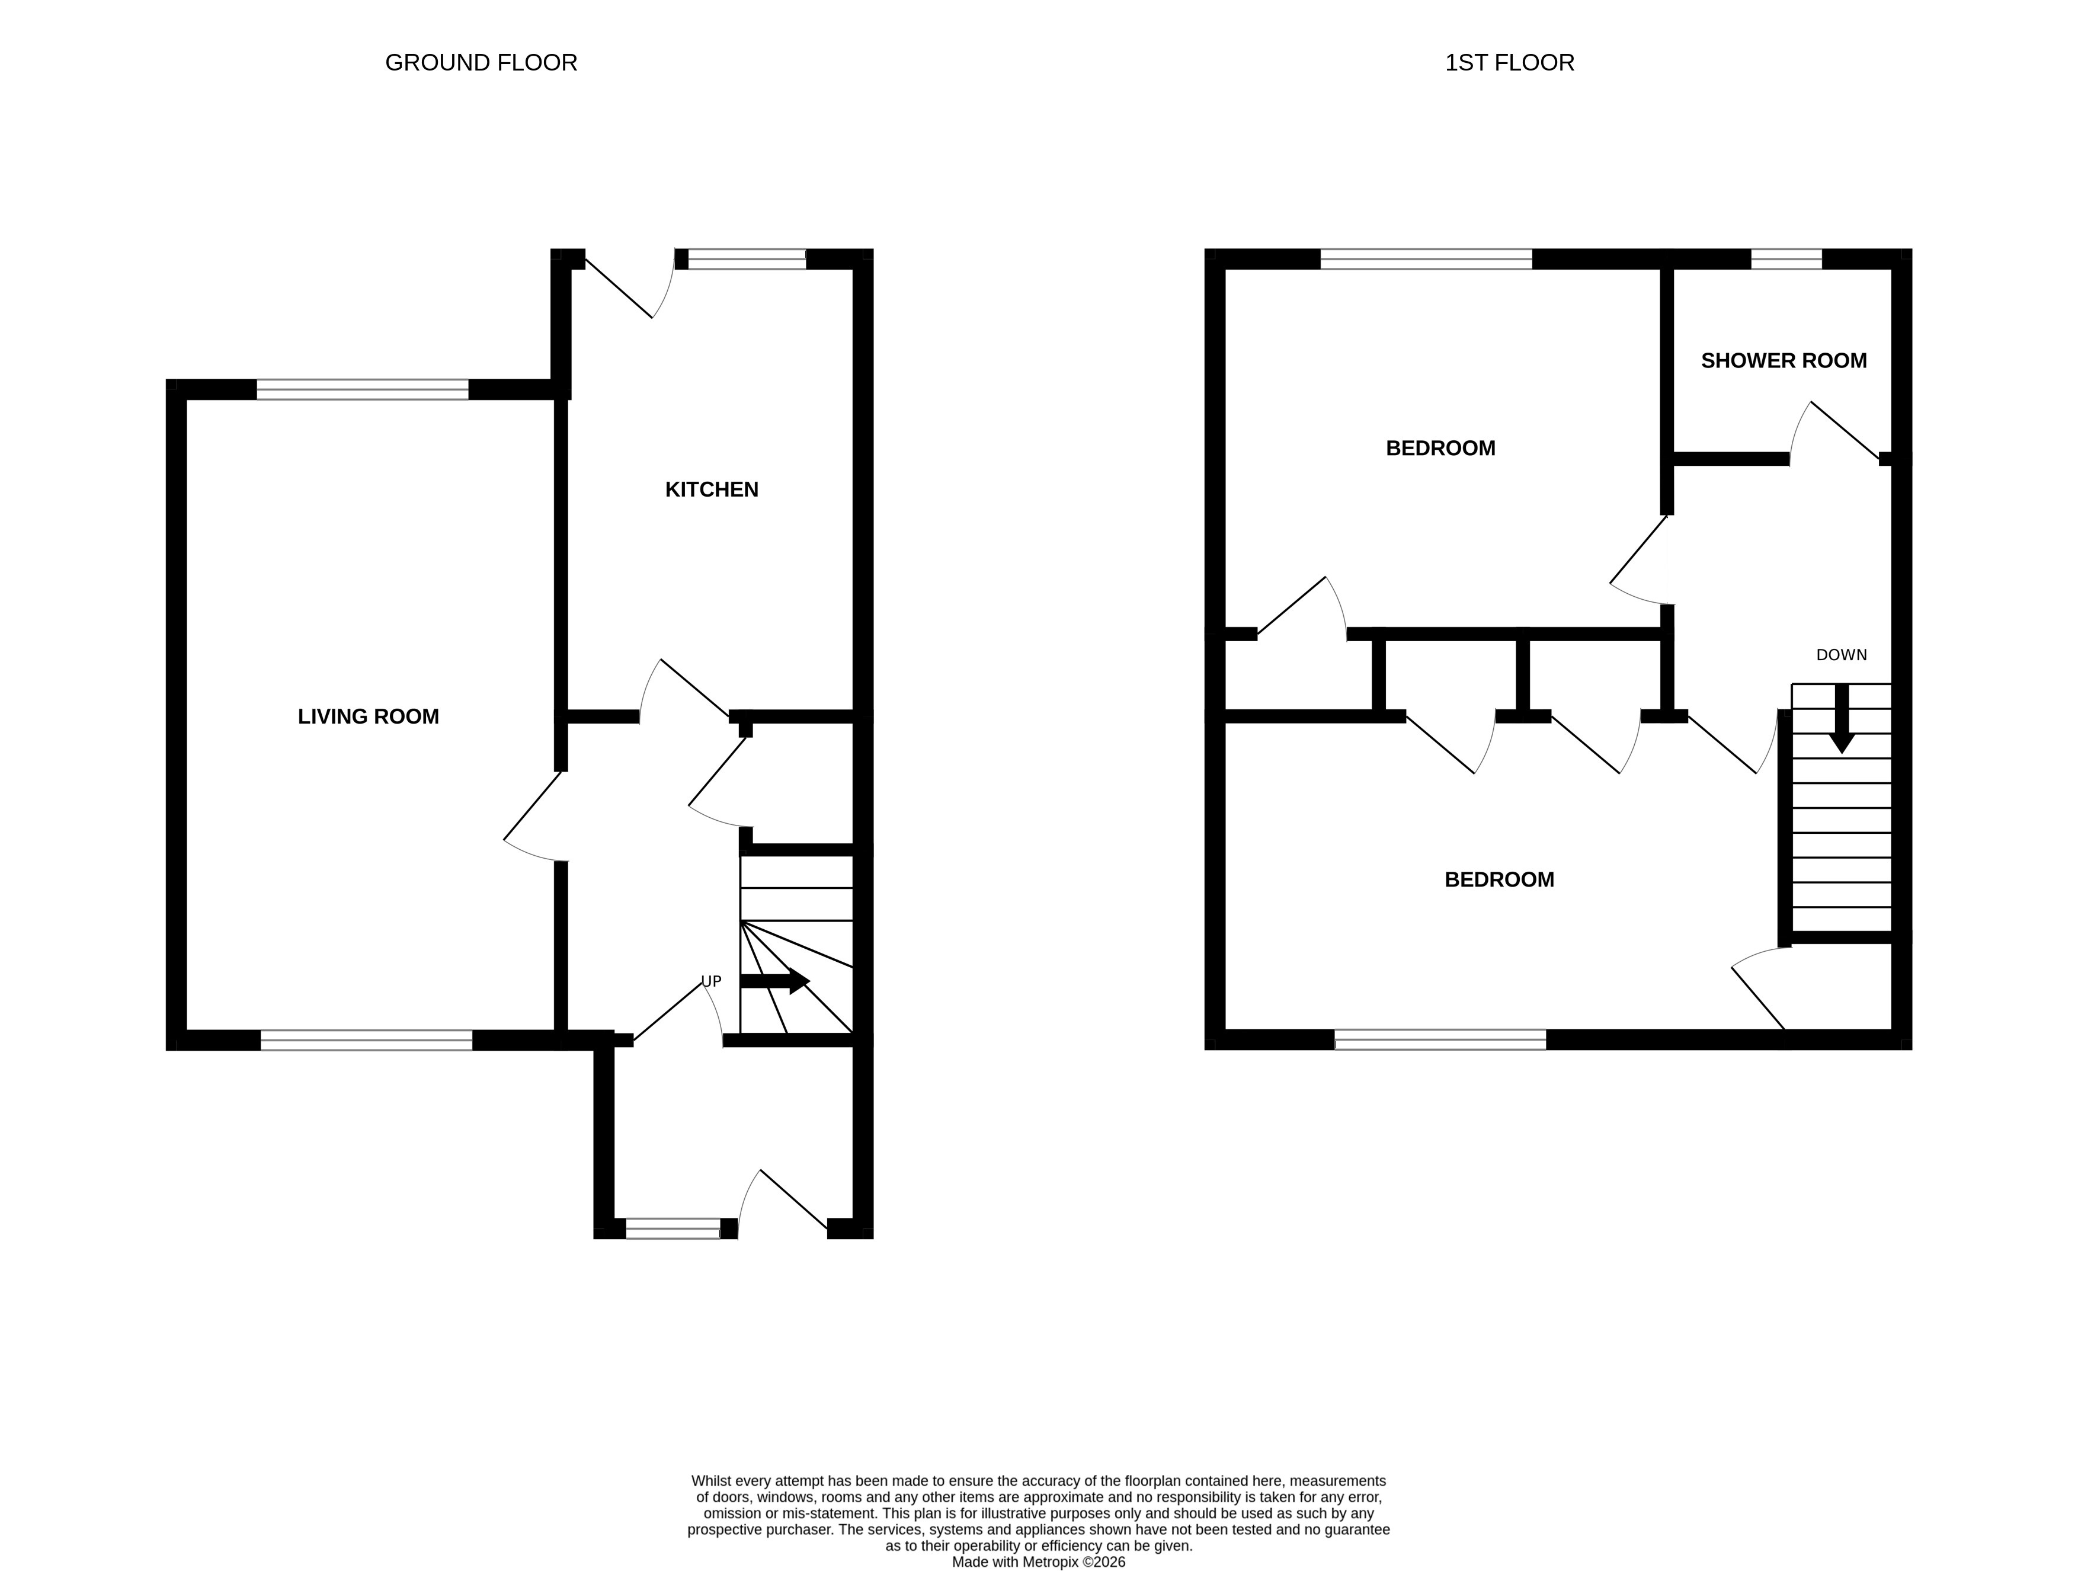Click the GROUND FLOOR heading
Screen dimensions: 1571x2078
pyautogui.click(x=481, y=63)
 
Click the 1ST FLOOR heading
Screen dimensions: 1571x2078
pyautogui.click(x=1510, y=63)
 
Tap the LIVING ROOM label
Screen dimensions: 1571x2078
pyautogui.click(x=368, y=717)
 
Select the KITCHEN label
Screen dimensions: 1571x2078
pyautogui.click(x=711, y=489)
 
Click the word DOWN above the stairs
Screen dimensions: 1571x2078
pyautogui.click(x=1841, y=655)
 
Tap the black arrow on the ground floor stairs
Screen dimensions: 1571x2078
pyautogui.click(x=775, y=981)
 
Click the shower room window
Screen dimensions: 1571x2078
pyautogui.click(x=1786, y=260)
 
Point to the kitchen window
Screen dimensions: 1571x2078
pyautogui.click(x=747, y=260)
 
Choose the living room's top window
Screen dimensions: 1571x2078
pyautogui.click(x=363, y=390)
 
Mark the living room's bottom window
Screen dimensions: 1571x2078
pyautogui.click(x=366, y=1040)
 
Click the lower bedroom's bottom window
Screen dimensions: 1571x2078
pyautogui.click(x=1440, y=1040)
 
